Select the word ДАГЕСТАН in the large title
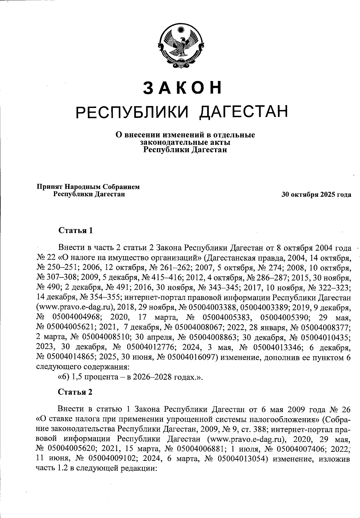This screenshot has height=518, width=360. coord(244,112)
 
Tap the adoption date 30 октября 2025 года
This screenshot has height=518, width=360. coord(316,195)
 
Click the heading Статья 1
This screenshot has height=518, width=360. coord(76,230)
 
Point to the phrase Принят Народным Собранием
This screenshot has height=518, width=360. coord(88,187)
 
